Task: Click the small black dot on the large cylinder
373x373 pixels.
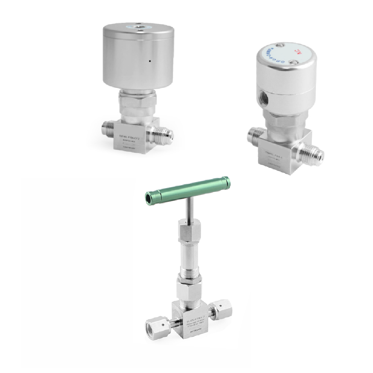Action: click(x=149, y=61)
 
